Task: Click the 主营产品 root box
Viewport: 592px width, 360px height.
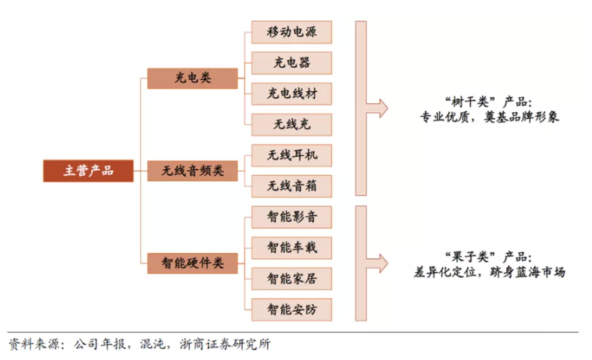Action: tap(87, 171)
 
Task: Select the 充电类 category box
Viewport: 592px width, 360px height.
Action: tap(192, 78)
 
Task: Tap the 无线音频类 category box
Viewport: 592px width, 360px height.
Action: tap(192, 171)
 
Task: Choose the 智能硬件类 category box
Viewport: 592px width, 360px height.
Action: tap(192, 263)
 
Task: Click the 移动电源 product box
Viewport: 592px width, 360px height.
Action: tap(291, 32)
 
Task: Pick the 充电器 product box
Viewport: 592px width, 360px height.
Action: tap(291, 63)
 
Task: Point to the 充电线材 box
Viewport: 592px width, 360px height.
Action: tap(291, 93)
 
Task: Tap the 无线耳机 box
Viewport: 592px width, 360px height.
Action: tap(291, 155)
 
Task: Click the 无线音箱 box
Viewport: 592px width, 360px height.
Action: tap(291, 185)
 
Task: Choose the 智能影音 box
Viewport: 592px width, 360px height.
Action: tap(291, 217)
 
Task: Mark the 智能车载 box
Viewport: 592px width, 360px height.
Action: tap(291, 247)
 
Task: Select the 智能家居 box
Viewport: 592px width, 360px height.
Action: tap(291, 278)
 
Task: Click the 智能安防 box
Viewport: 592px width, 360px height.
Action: tap(291, 308)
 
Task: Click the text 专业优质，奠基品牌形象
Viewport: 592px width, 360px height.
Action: tap(489, 118)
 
